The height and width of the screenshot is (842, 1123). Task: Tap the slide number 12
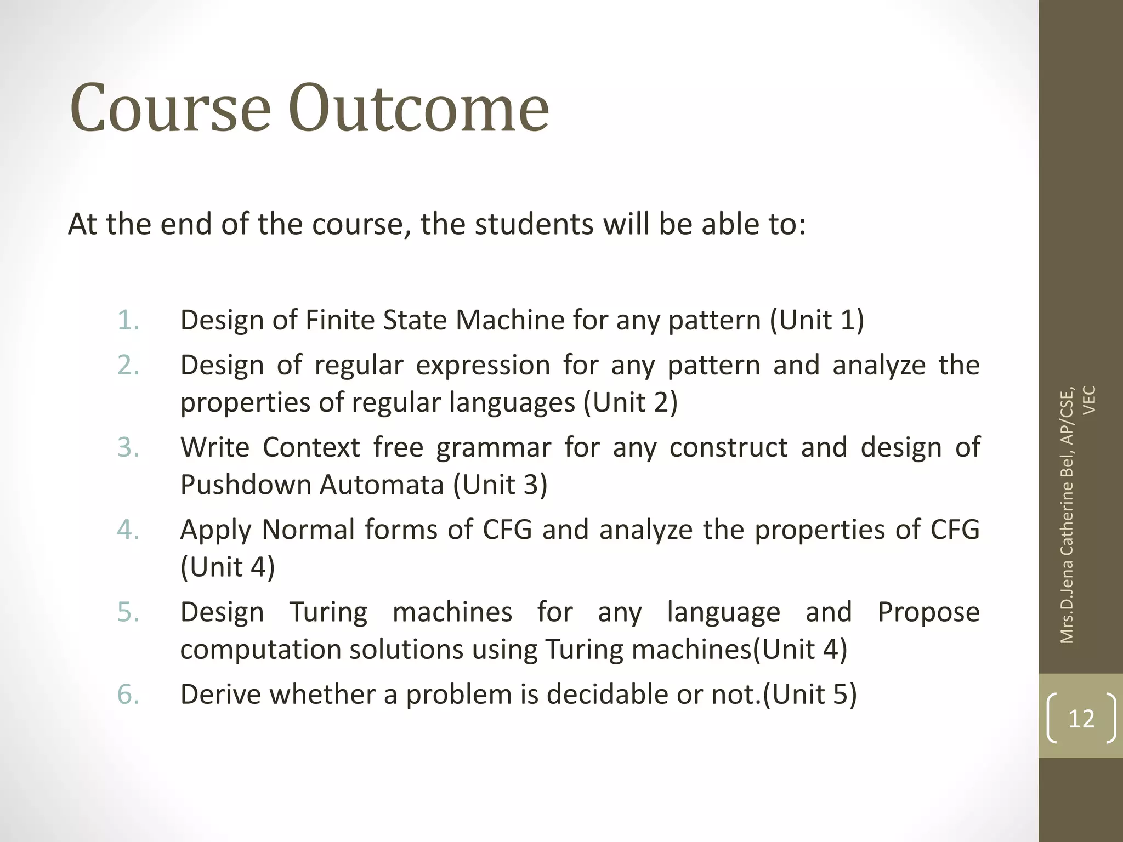click(1081, 719)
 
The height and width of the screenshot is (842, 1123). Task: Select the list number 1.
click(128, 320)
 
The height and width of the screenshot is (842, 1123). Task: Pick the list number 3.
click(128, 447)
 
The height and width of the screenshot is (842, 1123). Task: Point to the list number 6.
click(128, 695)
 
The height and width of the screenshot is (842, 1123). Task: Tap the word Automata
click(382, 485)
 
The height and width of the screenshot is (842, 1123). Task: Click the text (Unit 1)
click(817, 320)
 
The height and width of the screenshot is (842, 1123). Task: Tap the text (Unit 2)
click(631, 403)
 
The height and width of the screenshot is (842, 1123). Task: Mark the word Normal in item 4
click(309, 530)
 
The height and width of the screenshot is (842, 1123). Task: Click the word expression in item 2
click(483, 366)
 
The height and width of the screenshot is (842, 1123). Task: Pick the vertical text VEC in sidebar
click(1090, 400)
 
